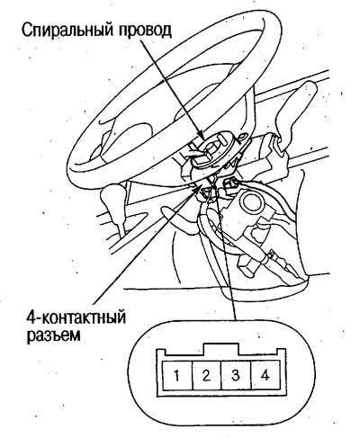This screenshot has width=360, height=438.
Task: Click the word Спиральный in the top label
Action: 65,31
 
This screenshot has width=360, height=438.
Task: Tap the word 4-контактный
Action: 76,317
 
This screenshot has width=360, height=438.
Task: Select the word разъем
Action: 53,335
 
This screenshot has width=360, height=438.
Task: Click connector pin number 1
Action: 177,375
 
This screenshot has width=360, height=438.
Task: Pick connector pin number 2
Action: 206,375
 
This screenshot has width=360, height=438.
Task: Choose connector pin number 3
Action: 236,375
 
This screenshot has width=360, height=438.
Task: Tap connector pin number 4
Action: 265,375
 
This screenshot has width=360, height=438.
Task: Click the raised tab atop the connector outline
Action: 221,349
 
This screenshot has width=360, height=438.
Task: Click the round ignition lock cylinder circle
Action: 253,202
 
